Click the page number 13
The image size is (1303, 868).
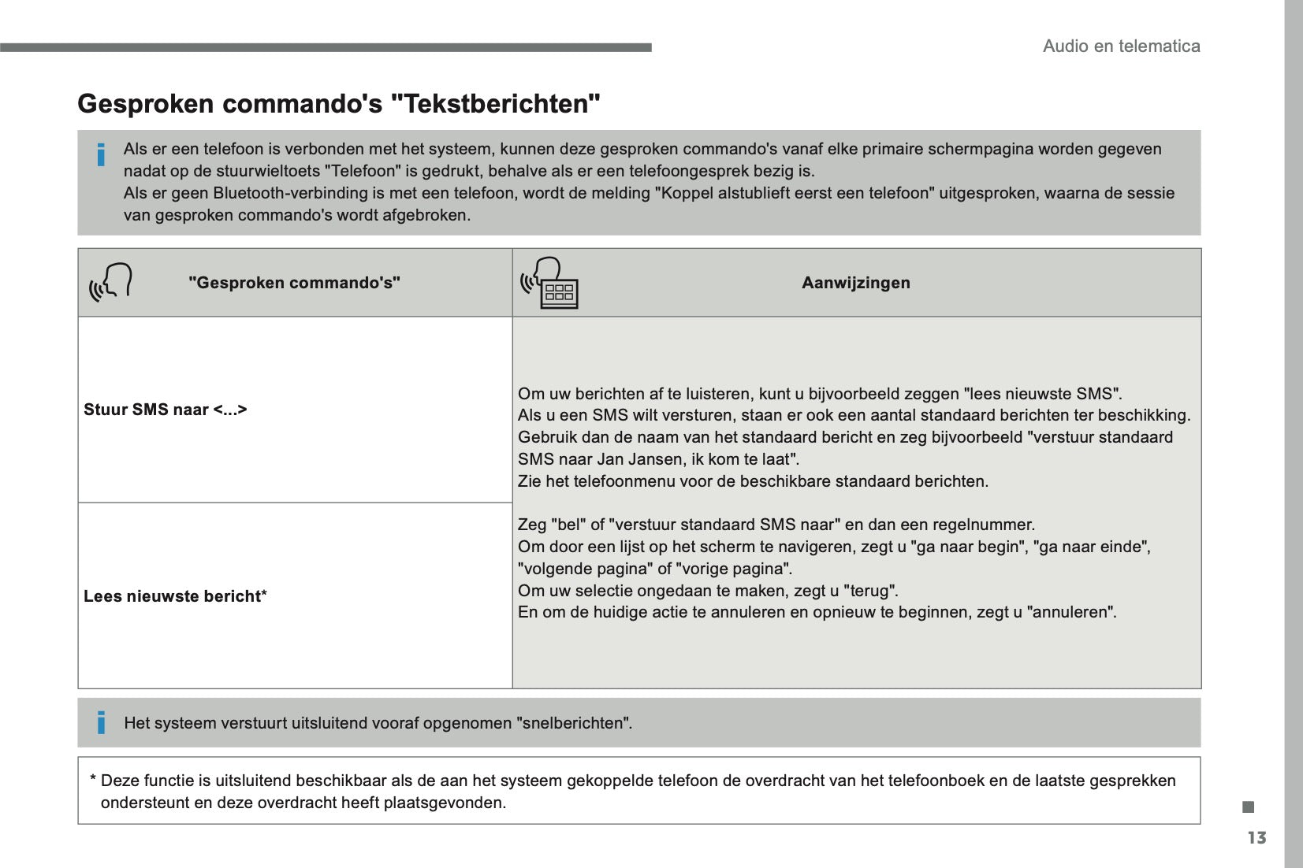[x=1256, y=837]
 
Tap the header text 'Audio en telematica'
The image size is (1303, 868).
[x=1121, y=46]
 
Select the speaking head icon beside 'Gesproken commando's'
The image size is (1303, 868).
[x=110, y=282]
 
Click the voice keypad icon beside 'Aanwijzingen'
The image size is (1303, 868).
[x=550, y=283]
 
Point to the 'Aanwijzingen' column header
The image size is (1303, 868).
[x=855, y=283]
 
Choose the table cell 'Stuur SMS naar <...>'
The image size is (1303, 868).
[x=166, y=410]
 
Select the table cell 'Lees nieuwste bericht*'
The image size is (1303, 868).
[x=175, y=596]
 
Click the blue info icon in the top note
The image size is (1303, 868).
[x=101, y=155]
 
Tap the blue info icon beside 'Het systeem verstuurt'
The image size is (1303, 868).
[x=101, y=722]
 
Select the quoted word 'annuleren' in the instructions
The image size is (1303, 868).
[x=1072, y=612]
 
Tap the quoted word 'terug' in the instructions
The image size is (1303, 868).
[x=870, y=591]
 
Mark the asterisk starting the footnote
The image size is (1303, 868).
[x=93, y=781]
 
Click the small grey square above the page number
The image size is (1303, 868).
[x=1248, y=807]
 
